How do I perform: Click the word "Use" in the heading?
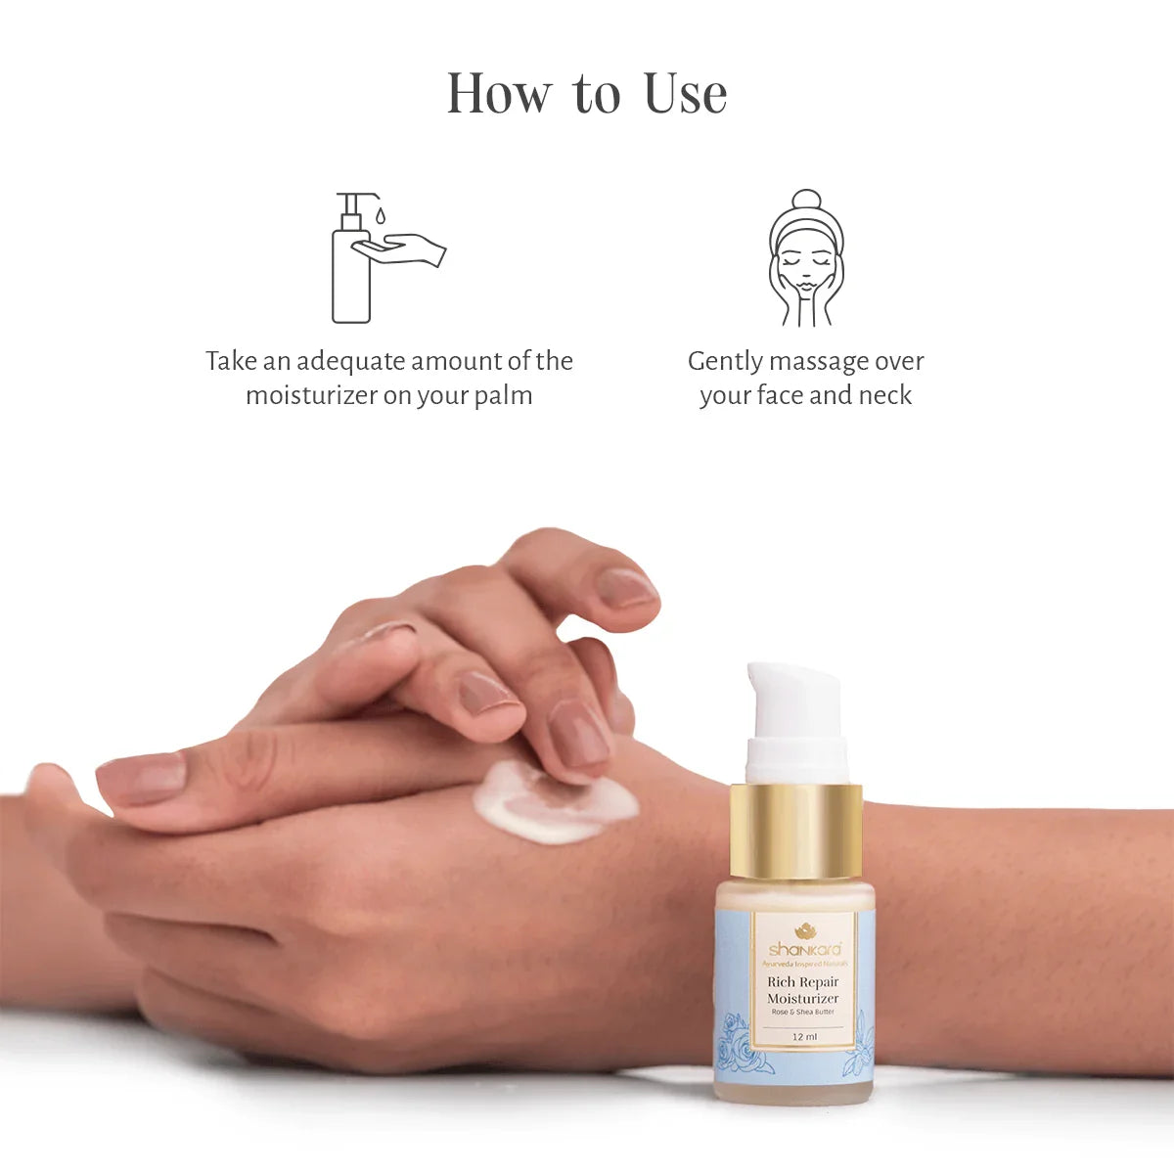(x=685, y=94)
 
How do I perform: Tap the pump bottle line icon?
(x=352, y=259)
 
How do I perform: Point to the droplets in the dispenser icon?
(x=381, y=214)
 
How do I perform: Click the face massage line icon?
(x=805, y=258)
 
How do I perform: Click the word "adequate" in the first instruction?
(x=351, y=361)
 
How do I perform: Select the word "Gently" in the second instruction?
(x=725, y=361)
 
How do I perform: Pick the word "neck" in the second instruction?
(x=884, y=395)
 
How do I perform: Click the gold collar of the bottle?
(x=795, y=831)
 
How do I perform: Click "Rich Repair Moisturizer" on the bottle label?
(x=803, y=989)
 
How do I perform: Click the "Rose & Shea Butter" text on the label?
(x=803, y=1012)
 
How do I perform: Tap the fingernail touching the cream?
(x=578, y=735)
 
